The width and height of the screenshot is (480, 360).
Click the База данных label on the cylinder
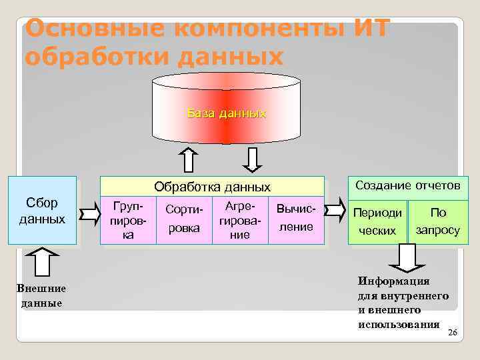coord(226,113)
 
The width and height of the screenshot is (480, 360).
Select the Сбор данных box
coord(41,211)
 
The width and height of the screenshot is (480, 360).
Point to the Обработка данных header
coord(212,187)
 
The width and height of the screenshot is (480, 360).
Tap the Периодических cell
coord(377,221)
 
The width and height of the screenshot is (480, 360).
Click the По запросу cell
coord(437,221)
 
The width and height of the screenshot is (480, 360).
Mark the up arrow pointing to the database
coord(189,159)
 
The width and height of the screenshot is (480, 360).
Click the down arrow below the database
coord(253,159)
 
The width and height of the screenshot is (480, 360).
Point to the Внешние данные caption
coord(41,295)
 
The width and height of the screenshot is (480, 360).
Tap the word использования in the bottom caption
coord(399,324)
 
